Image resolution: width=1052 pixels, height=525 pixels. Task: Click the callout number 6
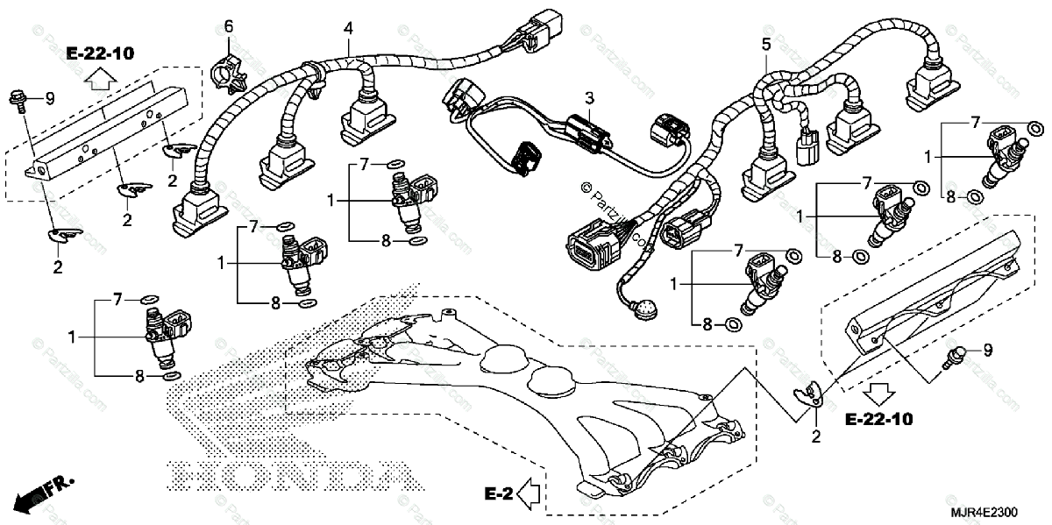click(x=229, y=26)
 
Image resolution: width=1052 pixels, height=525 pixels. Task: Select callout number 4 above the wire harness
click(x=349, y=28)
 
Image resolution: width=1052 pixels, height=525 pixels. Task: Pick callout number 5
click(x=765, y=43)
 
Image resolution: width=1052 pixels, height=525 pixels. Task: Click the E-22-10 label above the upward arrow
click(x=100, y=54)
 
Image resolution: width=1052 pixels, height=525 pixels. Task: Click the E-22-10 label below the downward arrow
click(x=878, y=420)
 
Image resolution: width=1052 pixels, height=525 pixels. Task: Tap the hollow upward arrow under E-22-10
click(x=100, y=81)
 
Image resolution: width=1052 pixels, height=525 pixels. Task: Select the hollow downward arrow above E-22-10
click(x=879, y=391)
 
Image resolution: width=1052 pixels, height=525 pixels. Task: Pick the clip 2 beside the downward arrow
click(x=812, y=396)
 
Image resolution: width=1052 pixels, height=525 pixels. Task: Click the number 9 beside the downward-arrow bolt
click(x=987, y=351)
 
